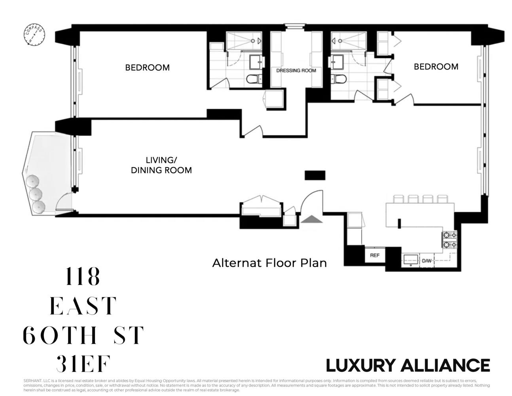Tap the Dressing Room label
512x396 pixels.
296,70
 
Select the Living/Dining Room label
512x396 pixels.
161,165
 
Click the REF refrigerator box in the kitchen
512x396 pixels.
374,255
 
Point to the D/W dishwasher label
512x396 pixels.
426,261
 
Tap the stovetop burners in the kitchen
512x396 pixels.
449,240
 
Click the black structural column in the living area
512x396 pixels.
315,175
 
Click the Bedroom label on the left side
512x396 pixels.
147,68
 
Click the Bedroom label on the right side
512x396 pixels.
436,67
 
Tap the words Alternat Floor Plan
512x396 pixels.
269,263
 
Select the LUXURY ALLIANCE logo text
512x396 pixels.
408,365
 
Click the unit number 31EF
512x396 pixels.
82,364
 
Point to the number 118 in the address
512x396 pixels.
82,277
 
